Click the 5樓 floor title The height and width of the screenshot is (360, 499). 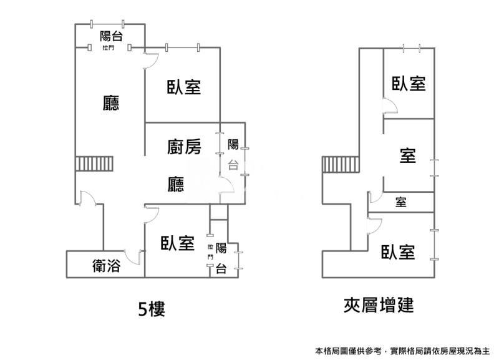[152, 308]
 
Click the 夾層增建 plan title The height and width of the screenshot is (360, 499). [379, 305]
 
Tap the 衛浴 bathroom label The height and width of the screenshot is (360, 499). [106, 266]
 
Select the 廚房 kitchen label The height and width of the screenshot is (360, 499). [184, 147]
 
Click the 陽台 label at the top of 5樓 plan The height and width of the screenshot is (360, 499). [111, 36]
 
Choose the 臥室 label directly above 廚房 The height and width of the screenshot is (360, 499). [184, 87]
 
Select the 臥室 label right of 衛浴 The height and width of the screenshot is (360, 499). [177, 243]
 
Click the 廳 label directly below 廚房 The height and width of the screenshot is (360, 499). [176, 183]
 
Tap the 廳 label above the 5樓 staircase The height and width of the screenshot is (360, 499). [111, 102]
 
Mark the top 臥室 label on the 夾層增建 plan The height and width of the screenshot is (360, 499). [409, 83]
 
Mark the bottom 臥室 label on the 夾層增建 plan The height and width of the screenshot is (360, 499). [399, 252]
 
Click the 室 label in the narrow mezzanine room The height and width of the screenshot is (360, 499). [400, 202]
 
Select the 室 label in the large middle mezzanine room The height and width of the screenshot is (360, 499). [408, 155]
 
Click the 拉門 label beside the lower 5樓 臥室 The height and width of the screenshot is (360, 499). [211, 251]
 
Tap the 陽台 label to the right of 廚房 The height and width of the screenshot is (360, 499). [233, 154]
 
